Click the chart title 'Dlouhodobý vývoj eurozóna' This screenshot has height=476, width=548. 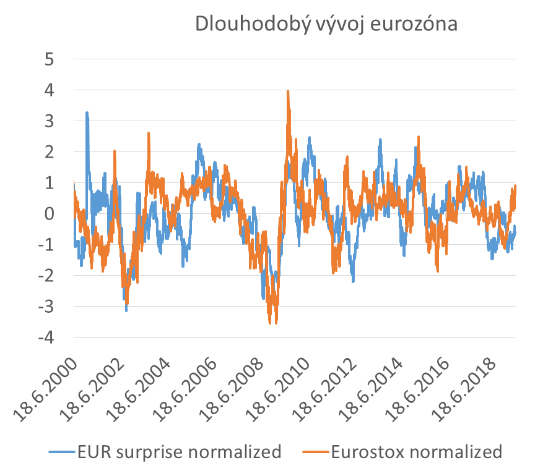pos(326,23)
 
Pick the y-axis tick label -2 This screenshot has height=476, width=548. pos(46,276)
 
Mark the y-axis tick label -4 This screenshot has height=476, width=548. pos(46,338)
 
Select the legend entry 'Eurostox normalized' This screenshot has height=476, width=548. pos(417,452)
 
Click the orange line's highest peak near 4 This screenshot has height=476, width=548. pos(288,91)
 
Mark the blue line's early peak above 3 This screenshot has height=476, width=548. pos(87,113)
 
